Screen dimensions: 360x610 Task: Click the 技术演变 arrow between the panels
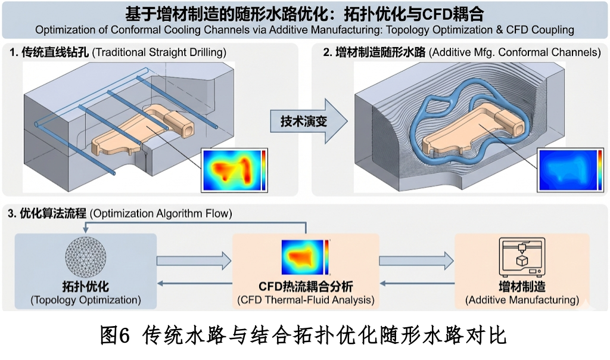pos(309,122)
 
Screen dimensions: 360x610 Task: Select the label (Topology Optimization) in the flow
pos(86,300)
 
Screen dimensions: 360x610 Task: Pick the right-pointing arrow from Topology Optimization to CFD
pos(194,260)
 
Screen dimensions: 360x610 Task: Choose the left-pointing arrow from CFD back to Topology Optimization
pos(194,284)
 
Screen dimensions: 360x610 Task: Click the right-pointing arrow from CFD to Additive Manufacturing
pos(416,260)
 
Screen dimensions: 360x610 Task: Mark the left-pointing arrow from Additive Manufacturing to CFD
pos(416,284)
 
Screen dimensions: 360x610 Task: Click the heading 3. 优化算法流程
pos(47,213)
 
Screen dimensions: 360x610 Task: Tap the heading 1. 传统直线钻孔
pos(49,52)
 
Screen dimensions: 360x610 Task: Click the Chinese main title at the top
pos(304,13)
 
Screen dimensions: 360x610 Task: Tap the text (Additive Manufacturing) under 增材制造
pos(522,300)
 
